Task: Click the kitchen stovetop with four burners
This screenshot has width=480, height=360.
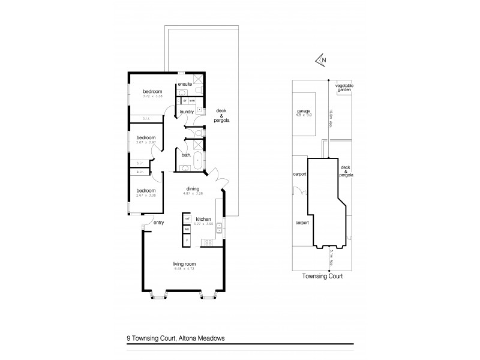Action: [x=208, y=242]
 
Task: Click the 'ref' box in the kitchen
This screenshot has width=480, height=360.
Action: [x=187, y=220]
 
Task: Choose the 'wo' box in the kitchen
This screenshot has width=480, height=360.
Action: [x=187, y=229]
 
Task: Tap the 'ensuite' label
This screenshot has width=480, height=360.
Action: [x=185, y=84]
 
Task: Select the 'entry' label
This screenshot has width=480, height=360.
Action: [x=158, y=223]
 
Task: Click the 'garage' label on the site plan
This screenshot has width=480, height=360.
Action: [x=302, y=112]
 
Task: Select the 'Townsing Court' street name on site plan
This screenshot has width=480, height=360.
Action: [x=322, y=278]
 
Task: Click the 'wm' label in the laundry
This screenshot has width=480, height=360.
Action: [x=193, y=100]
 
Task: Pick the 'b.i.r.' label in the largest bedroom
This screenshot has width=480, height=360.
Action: [x=146, y=118]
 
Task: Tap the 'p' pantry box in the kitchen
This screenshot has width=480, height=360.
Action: [x=187, y=241]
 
